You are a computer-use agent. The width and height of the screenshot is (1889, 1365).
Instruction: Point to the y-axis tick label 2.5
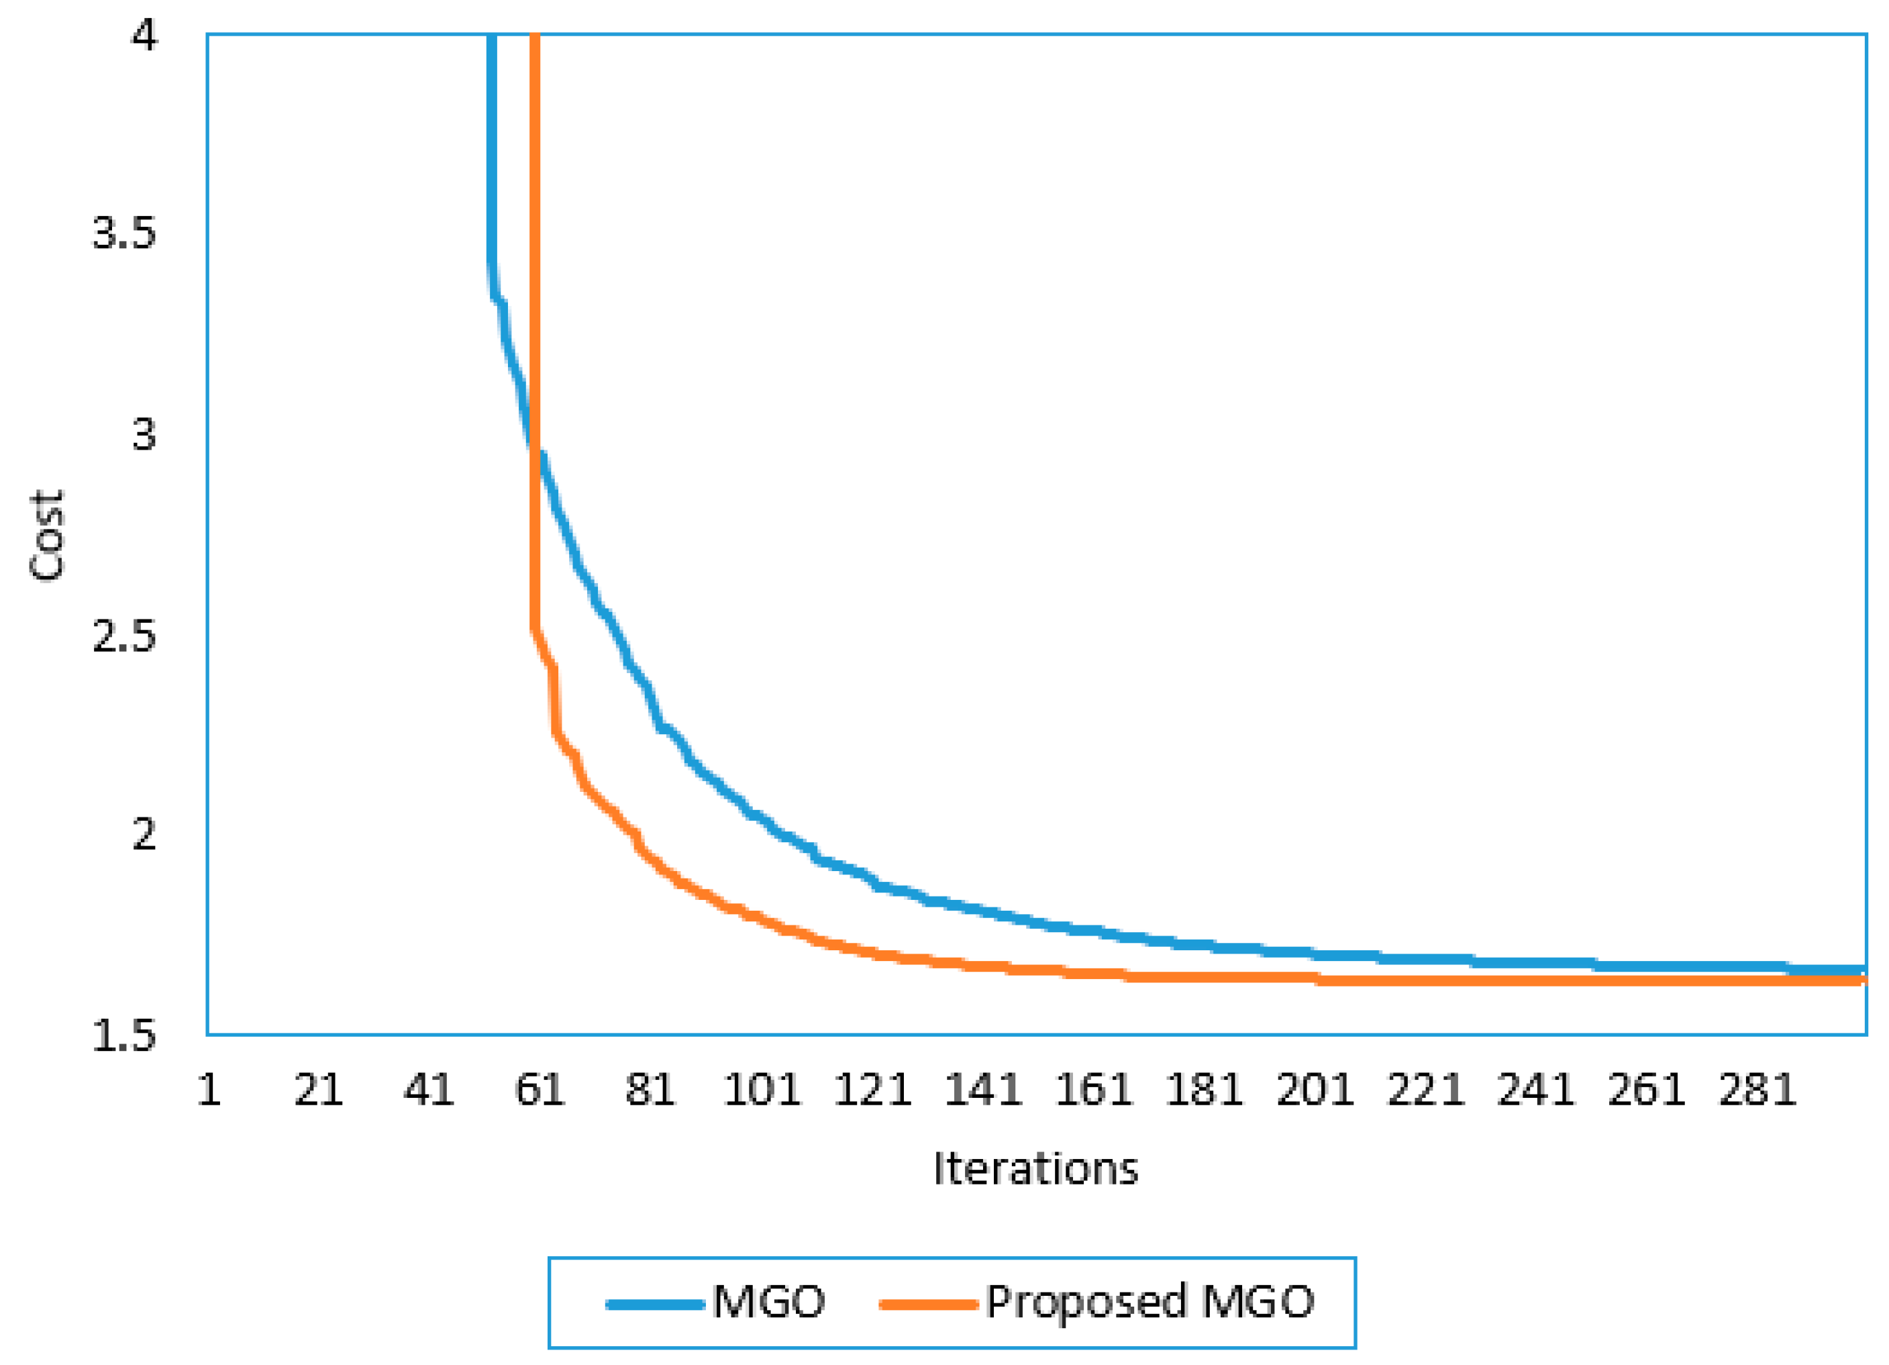coord(123,636)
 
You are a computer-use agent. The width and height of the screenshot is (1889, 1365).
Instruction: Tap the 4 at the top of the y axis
coord(144,36)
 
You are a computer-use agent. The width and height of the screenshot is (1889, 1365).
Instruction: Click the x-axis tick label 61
coord(540,1089)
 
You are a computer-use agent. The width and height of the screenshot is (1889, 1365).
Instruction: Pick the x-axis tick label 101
coord(761,1089)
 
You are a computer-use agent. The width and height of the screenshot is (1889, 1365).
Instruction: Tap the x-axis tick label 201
coord(1315,1089)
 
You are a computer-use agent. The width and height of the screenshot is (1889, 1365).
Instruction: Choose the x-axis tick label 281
coord(1757,1089)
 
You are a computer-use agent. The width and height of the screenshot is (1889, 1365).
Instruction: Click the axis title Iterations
coord(1035,1168)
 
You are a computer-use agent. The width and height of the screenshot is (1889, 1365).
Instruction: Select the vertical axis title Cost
coord(47,536)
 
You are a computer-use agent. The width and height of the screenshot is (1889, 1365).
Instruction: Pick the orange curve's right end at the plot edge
coord(1862,980)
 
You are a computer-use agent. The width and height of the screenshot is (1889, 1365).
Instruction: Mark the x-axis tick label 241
coord(1536,1089)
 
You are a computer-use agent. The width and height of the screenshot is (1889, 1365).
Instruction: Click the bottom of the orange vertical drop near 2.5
coord(535,629)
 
